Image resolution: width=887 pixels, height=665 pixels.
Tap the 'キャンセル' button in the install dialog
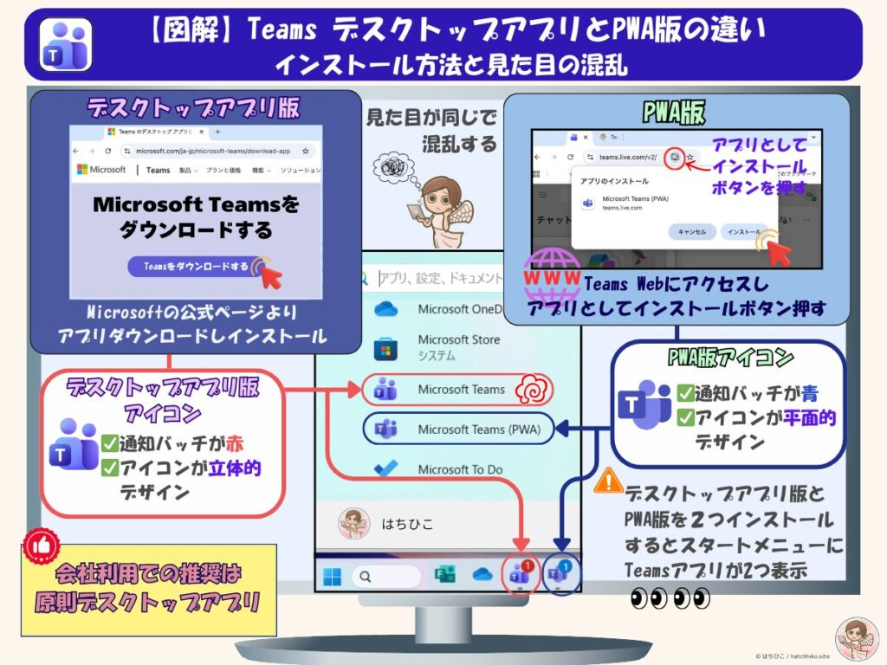click(x=692, y=231)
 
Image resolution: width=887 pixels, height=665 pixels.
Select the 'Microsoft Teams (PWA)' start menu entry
click(x=460, y=429)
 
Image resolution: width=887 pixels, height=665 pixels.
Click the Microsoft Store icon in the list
click(x=385, y=348)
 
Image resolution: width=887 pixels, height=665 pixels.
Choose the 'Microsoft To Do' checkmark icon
click(x=385, y=468)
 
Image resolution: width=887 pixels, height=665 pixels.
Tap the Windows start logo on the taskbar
click(x=332, y=575)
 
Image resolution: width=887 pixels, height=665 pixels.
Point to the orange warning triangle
click(x=608, y=481)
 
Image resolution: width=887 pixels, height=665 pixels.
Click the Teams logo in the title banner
click(x=66, y=42)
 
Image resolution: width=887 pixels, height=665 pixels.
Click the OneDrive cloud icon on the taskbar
click(x=482, y=575)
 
